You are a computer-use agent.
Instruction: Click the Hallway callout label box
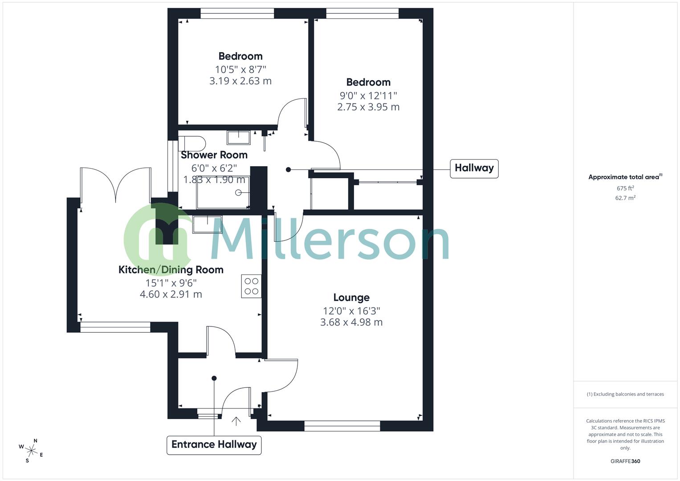[474, 168]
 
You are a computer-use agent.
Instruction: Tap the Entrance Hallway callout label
[214, 444]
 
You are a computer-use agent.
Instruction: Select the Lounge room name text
[351, 298]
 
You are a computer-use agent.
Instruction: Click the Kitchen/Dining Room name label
[171, 270]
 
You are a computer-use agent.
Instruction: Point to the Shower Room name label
[214, 155]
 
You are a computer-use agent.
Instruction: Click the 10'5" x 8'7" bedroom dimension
[240, 69]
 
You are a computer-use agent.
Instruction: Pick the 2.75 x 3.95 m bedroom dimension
[368, 107]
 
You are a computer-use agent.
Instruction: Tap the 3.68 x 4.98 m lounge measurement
[351, 322]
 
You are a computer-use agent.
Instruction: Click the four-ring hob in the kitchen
[251, 286]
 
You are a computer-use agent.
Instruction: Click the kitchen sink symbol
[207, 224]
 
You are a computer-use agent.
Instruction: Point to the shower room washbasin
[239, 137]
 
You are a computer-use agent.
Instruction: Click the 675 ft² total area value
[625, 188]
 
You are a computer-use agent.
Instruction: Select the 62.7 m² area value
[625, 198]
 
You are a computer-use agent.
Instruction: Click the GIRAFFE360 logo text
[625, 461]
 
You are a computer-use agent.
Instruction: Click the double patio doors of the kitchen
[116, 185]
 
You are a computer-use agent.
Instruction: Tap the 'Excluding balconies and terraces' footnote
[625, 394]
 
